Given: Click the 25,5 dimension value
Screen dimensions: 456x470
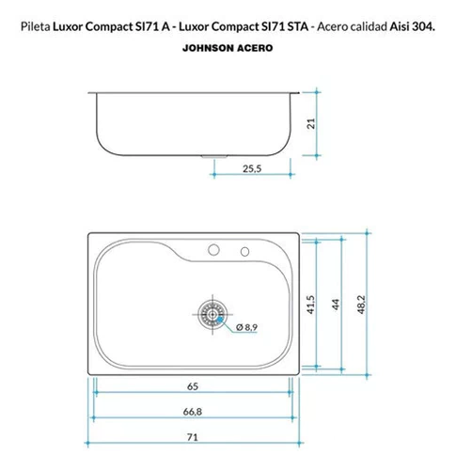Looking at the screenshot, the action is click(252, 169).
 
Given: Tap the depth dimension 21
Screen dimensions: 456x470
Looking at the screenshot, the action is click(311, 123).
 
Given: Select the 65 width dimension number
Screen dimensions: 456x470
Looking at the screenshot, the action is click(193, 386).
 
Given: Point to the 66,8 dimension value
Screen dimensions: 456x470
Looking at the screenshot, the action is click(193, 412).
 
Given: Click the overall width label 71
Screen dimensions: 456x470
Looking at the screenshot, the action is click(193, 437).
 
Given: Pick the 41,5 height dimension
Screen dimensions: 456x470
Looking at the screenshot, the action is click(311, 305).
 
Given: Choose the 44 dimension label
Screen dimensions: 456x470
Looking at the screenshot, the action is click(336, 305).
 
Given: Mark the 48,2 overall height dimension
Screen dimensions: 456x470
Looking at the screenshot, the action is click(361, 305).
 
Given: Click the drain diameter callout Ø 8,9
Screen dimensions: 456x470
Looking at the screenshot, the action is click(247, 327).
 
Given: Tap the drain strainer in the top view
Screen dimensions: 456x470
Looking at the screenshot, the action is click(212, 314).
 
